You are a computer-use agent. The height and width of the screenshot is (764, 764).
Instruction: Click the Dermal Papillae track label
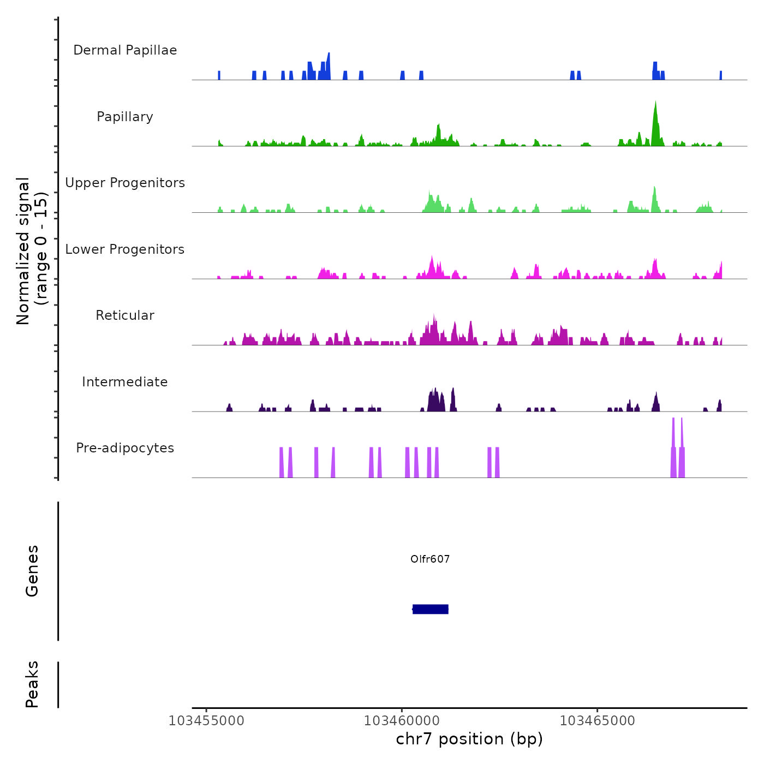click(125, 50)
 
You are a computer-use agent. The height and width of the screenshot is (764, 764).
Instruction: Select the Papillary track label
click(125, 117)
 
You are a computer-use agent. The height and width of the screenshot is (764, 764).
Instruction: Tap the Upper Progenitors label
click(125, 183)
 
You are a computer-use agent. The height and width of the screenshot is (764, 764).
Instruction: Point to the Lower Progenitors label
click(125, 249)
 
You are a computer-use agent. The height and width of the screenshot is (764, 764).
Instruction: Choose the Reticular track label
click(125, 315)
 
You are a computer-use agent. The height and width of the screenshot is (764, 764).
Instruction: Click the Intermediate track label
click(125, 382)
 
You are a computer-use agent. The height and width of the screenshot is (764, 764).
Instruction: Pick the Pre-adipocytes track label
click(125, 448)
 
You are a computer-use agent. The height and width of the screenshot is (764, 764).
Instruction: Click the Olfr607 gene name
click(430, 559)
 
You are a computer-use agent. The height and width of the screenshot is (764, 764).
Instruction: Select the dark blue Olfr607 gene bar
click(431, 609)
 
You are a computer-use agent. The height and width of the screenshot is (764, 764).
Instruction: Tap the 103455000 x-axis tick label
click(206, 721)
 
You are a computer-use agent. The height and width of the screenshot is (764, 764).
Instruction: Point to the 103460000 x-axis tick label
click(402, 721)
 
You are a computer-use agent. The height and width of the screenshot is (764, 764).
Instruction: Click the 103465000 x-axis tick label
click(598, 721)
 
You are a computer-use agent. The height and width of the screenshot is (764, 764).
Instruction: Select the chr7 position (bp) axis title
click(469, 739)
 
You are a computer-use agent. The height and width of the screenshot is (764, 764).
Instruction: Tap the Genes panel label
click(32, 571)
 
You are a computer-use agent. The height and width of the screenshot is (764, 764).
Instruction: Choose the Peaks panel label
click(32, 684)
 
